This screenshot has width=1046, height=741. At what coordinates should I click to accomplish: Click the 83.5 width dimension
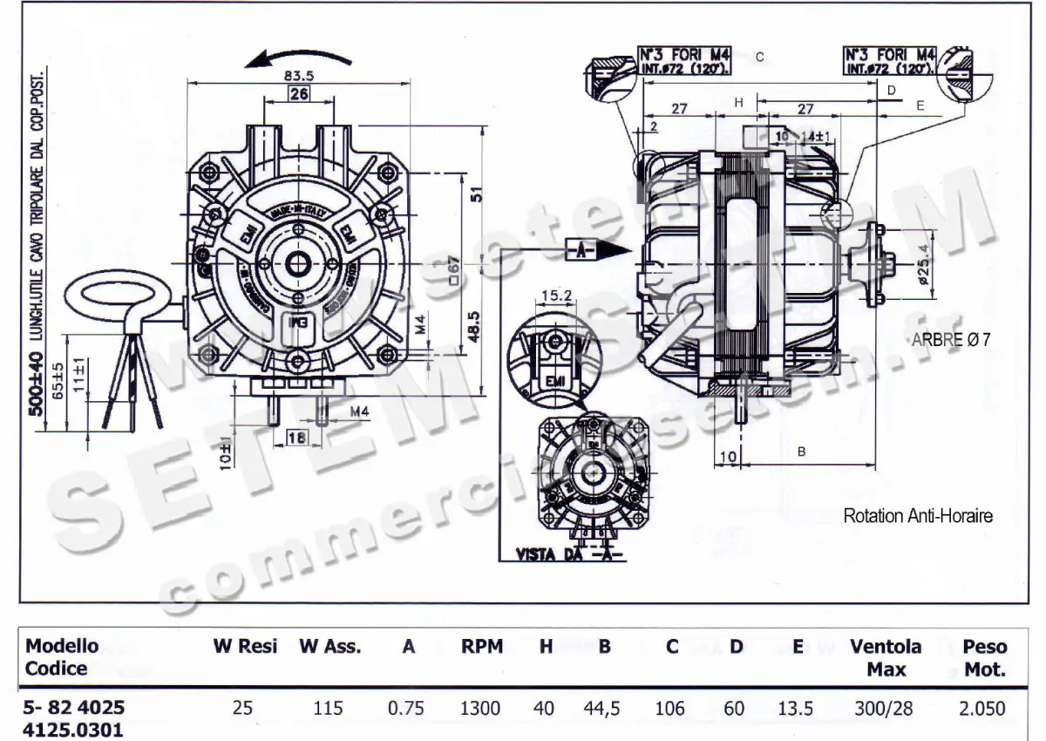[x=299, y=75]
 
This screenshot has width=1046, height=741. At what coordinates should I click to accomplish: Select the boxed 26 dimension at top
[x=299, y=95]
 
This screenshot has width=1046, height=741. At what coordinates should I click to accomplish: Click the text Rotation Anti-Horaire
[x=917, y=515]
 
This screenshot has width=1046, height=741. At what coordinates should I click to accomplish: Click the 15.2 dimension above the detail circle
[x=556, y=296]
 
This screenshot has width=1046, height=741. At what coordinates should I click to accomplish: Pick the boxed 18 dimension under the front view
[x=297, y=437]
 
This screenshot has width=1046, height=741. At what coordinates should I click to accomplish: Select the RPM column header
[x=482, y=647]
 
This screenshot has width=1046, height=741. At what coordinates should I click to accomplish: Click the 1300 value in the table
[x=480, y=708]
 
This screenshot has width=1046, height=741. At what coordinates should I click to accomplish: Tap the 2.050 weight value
[x=982, y=708]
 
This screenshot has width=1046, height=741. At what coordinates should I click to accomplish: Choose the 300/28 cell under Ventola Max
[x=886, y=708]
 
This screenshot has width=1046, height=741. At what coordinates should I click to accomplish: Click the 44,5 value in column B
[x=601, y=708]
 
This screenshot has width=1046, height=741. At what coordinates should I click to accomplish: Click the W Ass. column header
[x=329, y=647]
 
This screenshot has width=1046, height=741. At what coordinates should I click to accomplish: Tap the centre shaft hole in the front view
[x=298, y=262]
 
